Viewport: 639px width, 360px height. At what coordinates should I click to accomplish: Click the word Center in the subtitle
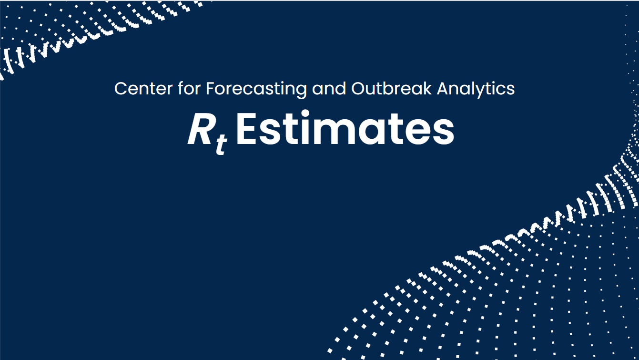(x=143, y=89)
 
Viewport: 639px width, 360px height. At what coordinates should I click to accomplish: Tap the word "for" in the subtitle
(x=189, y=88)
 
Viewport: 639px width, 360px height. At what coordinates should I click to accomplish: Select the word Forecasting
(x=256, y=90)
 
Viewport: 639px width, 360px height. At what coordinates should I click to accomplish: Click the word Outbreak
(x=391, y=88)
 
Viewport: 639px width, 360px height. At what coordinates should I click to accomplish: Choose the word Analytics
(x=476, y=90)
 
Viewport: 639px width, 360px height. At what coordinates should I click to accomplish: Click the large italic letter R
(x=200, y=129)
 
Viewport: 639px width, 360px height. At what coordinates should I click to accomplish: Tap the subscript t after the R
(x=222, y=144)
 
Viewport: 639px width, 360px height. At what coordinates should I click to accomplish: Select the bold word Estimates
(x=345, y=128)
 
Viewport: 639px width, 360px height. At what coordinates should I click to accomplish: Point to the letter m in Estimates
(x=335, y=133)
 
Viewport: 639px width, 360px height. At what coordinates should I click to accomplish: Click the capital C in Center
(x=121, y=89)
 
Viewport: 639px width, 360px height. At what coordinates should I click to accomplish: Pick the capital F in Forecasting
(x=210, y=89)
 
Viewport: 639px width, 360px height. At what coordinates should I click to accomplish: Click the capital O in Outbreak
(x=358, y=89)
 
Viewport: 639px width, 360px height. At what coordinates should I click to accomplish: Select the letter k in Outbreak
(x=427, y=88)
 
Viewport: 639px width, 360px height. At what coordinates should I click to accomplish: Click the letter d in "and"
(x=341, y=88)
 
